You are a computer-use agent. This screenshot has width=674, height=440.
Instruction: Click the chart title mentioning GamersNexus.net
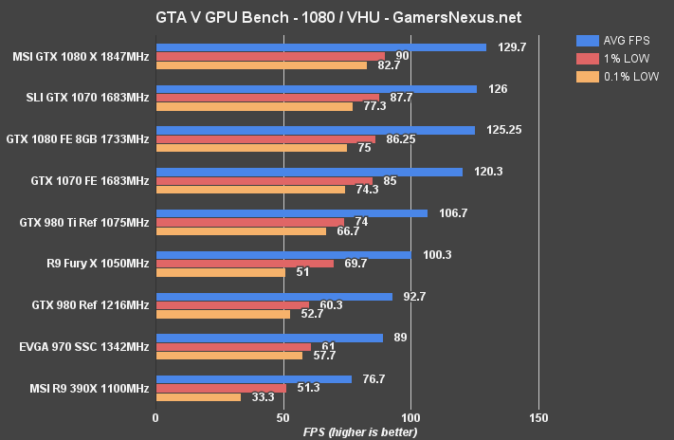click(x=337, y=17)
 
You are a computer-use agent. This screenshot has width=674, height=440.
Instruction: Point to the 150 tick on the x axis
click(x=538, y=416)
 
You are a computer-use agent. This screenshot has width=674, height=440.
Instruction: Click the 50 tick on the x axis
click(x=283, y=416)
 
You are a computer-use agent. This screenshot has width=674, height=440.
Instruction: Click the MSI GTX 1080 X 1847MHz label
click(x=81, y=56)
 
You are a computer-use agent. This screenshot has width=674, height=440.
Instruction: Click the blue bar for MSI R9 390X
click(x=253, y=378)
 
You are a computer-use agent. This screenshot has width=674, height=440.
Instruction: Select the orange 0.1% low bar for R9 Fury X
click(x=220, y=272)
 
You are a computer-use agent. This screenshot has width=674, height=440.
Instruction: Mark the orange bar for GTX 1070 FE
click(x=250, y=190)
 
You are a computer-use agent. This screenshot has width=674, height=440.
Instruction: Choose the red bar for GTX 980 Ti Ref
click(x=249, y=222)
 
